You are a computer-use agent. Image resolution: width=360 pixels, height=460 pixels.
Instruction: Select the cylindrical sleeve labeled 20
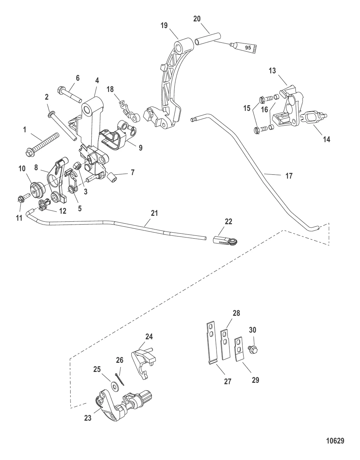pos(207,38)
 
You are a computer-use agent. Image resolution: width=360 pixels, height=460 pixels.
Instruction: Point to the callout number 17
pos(289,175)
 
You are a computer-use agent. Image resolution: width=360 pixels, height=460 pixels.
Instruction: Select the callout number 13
pos(272,71)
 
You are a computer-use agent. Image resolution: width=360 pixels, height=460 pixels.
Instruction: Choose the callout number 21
pos(155,213)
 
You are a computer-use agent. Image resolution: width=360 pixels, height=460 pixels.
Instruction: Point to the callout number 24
pos(149,337)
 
